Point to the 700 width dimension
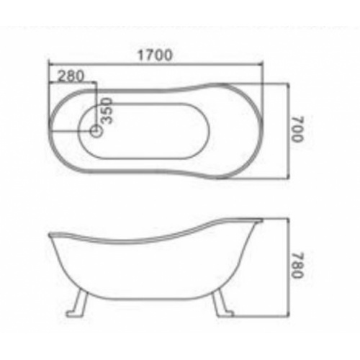click(299, 132)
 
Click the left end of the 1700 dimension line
click(48, 65)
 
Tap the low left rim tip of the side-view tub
click(49, 235)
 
